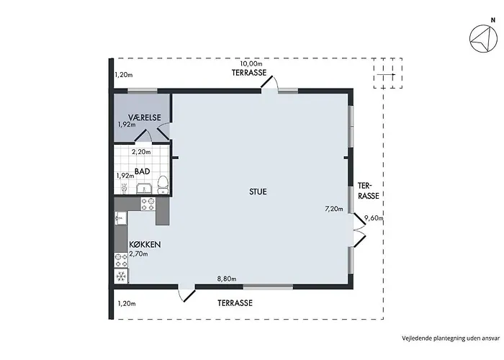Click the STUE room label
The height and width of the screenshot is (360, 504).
coord(258,192)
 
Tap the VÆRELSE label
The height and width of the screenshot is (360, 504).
coord(144,117)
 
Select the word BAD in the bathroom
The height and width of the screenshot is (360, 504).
coord(142,171)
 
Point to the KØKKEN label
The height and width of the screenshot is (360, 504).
coord(145,245)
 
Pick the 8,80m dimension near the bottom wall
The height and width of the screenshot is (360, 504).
coord(227,279)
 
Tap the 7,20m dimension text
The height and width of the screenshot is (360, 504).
coord(334,209)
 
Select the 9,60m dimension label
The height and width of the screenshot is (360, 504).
coord(374,218)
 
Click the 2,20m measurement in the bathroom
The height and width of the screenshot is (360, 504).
coord(141,152)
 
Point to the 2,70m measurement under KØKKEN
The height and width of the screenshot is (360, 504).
coord(138,254)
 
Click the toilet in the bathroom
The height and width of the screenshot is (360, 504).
coord(163,185)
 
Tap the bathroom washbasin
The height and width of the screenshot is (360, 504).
coord(144,189)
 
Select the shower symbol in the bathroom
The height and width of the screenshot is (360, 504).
coord(124,188)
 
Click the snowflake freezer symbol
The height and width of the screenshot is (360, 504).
coord(121,276)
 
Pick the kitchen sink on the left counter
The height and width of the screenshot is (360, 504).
coord(121,218)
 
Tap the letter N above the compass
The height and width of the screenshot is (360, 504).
coord(492,20)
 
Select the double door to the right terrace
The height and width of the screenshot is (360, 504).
coord(360,229)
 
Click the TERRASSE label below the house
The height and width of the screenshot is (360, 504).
coord(235,303)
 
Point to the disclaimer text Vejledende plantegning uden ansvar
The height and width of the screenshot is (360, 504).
coord(451,338)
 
